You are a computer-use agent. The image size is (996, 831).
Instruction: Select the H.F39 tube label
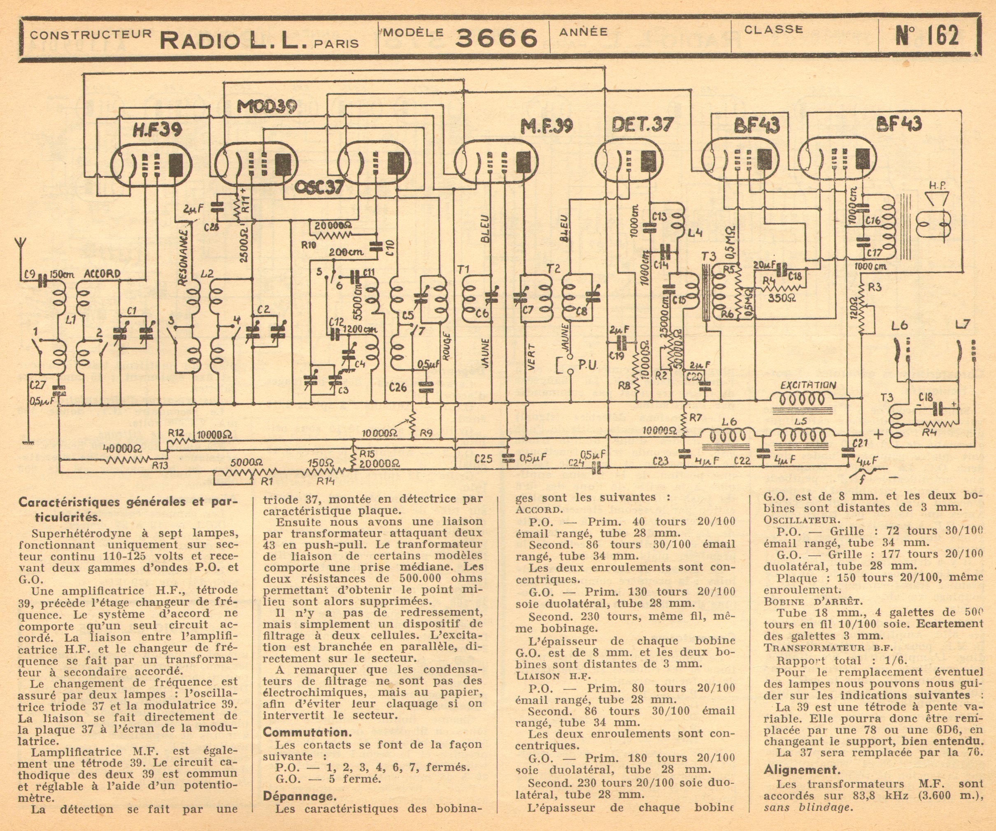click(156, 129)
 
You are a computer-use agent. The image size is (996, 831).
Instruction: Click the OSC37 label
click(319, 188)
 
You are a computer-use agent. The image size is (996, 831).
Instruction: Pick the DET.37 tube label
click(642, 124)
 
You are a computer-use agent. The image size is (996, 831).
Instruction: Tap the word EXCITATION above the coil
click(808, 385)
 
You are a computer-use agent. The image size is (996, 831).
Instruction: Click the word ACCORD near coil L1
click(102, 274)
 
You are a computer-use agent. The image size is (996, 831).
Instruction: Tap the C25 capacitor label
click(483, 459)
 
